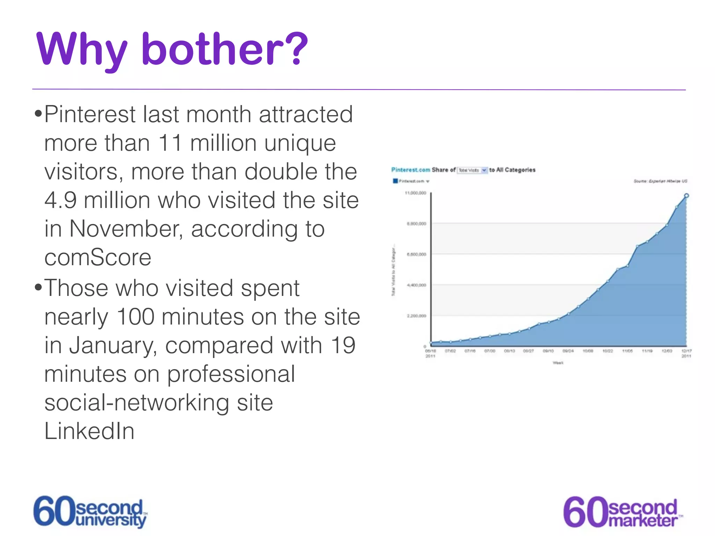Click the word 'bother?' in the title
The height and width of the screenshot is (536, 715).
(x=224, y=49)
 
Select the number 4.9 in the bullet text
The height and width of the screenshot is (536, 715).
(x=60, y=200)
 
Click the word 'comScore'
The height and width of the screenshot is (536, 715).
(x=98, y=258)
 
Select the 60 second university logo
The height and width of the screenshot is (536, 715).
(x=90, y=512)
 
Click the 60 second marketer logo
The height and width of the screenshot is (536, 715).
(x=622, y=512)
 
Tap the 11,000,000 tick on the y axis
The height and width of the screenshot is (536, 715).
(x=415, y=193)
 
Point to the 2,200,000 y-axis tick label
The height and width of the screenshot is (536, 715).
(x=417, y=316)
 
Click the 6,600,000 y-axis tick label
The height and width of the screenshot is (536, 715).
(x=417, y=254)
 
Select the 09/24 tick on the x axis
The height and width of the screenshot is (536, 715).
(x=568, y=351)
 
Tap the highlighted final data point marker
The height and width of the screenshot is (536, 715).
(x=686, y=196)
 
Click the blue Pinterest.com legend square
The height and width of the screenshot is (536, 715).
(x=395, y=181)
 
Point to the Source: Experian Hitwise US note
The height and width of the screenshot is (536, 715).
(x=660, y=181)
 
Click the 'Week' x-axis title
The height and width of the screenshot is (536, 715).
(x=558, y=363)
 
